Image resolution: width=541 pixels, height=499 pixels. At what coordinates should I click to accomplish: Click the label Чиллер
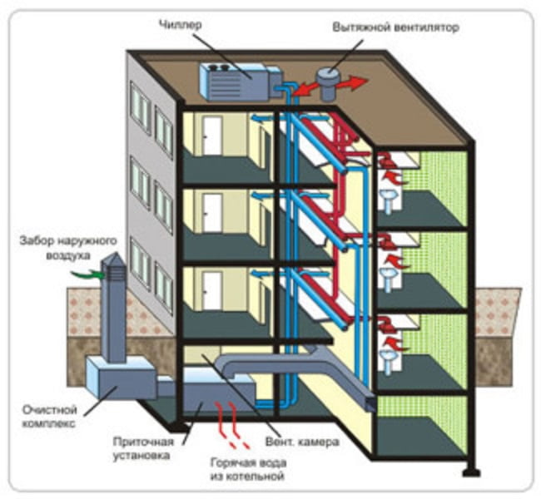click(180, 25)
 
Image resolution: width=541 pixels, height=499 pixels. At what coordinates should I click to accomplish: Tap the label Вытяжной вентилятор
click(395, 27)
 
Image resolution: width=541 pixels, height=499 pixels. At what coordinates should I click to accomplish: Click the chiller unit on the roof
click(241, 82)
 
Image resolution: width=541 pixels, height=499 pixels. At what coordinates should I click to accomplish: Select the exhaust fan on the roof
click(328, 84)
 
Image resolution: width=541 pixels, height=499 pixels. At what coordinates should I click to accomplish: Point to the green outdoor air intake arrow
click(87, 274)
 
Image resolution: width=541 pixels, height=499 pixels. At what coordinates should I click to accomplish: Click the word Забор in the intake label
click(37, 240)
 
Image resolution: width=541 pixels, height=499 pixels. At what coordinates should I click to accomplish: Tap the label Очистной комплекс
click(49, 416)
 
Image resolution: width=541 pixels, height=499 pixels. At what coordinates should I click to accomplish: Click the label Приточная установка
click(143, 448)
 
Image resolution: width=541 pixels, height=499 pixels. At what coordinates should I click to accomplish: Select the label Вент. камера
click(302, 442)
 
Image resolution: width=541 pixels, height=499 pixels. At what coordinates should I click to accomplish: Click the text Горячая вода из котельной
click(248, 469)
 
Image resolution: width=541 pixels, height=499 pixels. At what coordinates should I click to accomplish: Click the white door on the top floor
click(212, 136)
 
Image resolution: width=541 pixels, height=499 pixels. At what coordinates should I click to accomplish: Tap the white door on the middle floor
click(212, 213)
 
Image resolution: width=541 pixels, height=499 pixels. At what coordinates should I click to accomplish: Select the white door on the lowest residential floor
click(212, 290)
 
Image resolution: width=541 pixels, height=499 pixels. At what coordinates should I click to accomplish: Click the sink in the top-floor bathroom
click(389, 201)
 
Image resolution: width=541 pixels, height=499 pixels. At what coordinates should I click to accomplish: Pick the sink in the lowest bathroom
click(389, 362)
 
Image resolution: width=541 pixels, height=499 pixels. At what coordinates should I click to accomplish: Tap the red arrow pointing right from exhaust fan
click(353, 83)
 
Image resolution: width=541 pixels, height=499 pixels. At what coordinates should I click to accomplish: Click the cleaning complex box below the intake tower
click(121, 378)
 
